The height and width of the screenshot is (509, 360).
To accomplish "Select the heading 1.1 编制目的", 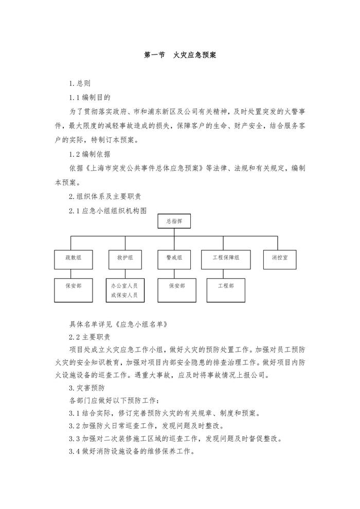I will coord(90,97).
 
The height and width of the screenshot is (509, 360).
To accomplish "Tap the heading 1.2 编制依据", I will coord(90,154).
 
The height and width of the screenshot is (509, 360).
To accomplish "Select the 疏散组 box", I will coord(70,258).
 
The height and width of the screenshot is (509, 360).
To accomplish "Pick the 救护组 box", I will coord(124,258).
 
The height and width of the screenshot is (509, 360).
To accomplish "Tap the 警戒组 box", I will coord(174,258).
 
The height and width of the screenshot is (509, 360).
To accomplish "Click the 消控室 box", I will coord(279,258).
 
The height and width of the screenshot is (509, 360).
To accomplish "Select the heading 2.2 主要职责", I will coord(89,337).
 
